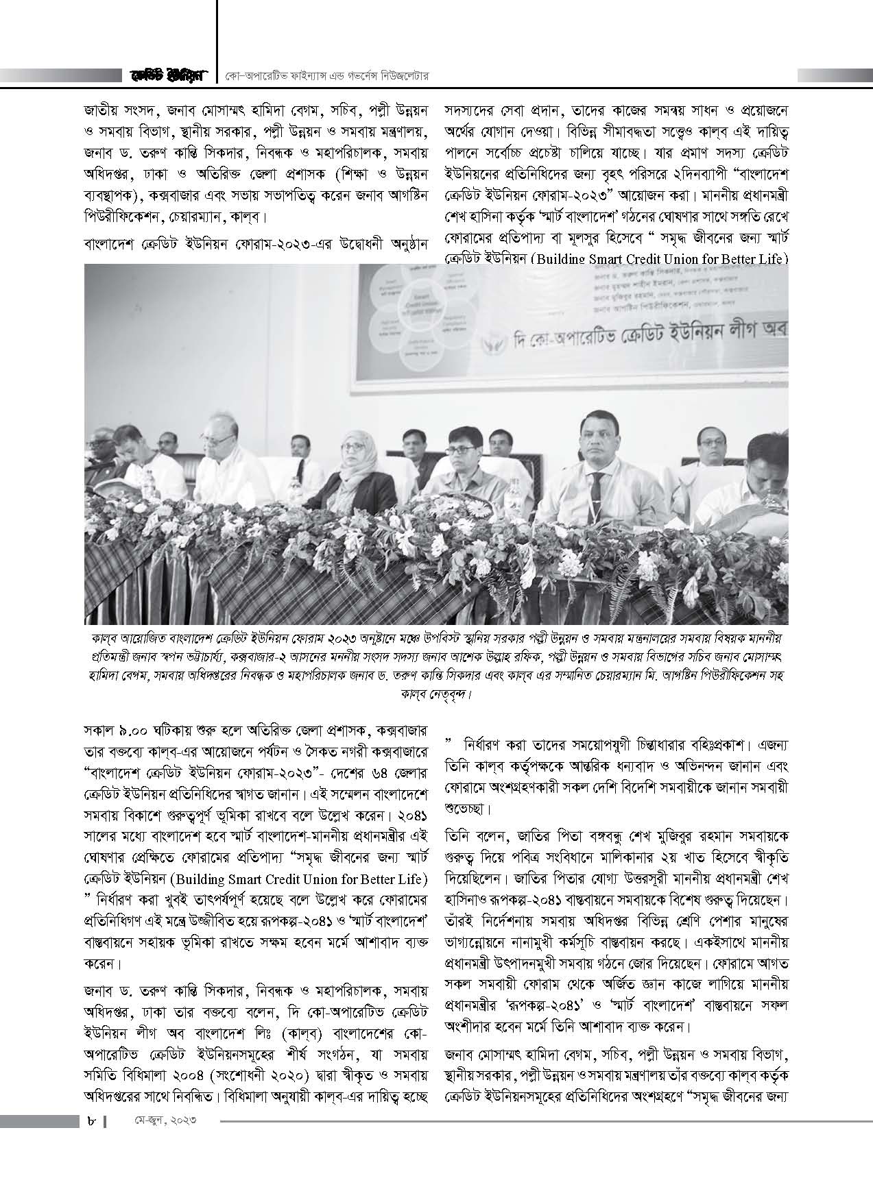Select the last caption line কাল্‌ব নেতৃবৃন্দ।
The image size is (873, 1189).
pyautogui.click(x=436, y=694)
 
